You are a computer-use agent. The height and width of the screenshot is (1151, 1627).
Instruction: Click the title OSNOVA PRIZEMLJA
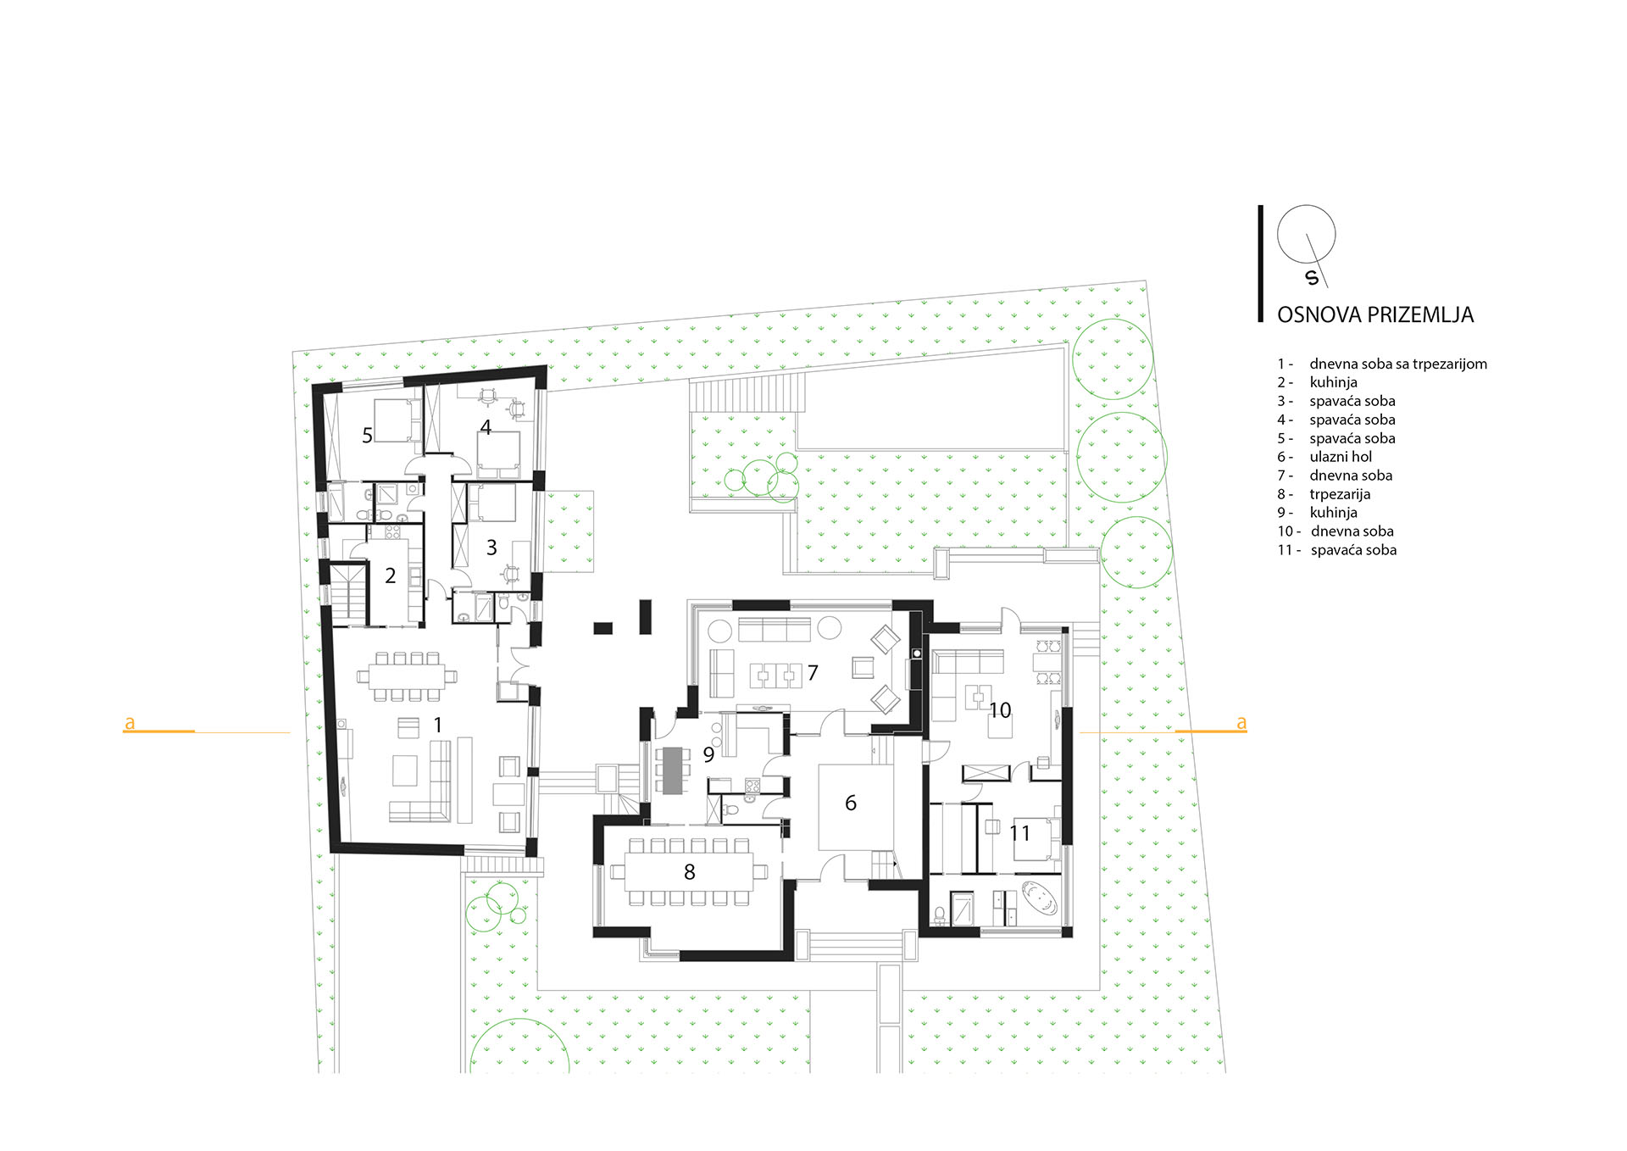point(1375,315)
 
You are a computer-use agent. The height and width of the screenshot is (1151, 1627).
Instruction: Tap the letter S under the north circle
point(1313,278)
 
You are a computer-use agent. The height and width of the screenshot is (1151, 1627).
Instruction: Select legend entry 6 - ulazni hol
point(1324,457)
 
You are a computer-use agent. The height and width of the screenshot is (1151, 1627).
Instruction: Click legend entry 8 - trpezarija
point(1324,494)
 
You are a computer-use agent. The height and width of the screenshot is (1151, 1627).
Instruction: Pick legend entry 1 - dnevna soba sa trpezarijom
point(1382,364)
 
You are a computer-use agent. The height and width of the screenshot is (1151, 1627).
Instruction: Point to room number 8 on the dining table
point(690,871)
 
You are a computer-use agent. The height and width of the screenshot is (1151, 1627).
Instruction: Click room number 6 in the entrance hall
point(851,803)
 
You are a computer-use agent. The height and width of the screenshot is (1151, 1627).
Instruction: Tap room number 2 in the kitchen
point(390,575)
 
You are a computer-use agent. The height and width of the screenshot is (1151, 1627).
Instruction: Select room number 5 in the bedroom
point(367,436)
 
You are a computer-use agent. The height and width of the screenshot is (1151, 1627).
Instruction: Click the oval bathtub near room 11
point(1040,898)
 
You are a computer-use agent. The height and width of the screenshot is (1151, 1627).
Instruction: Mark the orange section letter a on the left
point(130,723)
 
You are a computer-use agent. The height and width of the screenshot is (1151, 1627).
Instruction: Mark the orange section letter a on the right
point(1241,723)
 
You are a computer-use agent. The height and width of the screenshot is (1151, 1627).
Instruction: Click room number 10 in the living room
point(1000,710)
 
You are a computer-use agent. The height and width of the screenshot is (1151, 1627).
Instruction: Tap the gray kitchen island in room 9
point(672,770)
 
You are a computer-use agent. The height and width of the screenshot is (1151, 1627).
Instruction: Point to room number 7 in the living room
point(813,673)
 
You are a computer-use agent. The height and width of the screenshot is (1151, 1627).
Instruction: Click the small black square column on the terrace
point(602,628)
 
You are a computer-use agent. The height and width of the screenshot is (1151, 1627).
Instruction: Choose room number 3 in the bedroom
point(491,548)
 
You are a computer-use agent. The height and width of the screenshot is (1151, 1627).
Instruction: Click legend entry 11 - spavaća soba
point(1337,550)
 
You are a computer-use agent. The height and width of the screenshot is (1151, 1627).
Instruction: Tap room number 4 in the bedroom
point(486,427)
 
